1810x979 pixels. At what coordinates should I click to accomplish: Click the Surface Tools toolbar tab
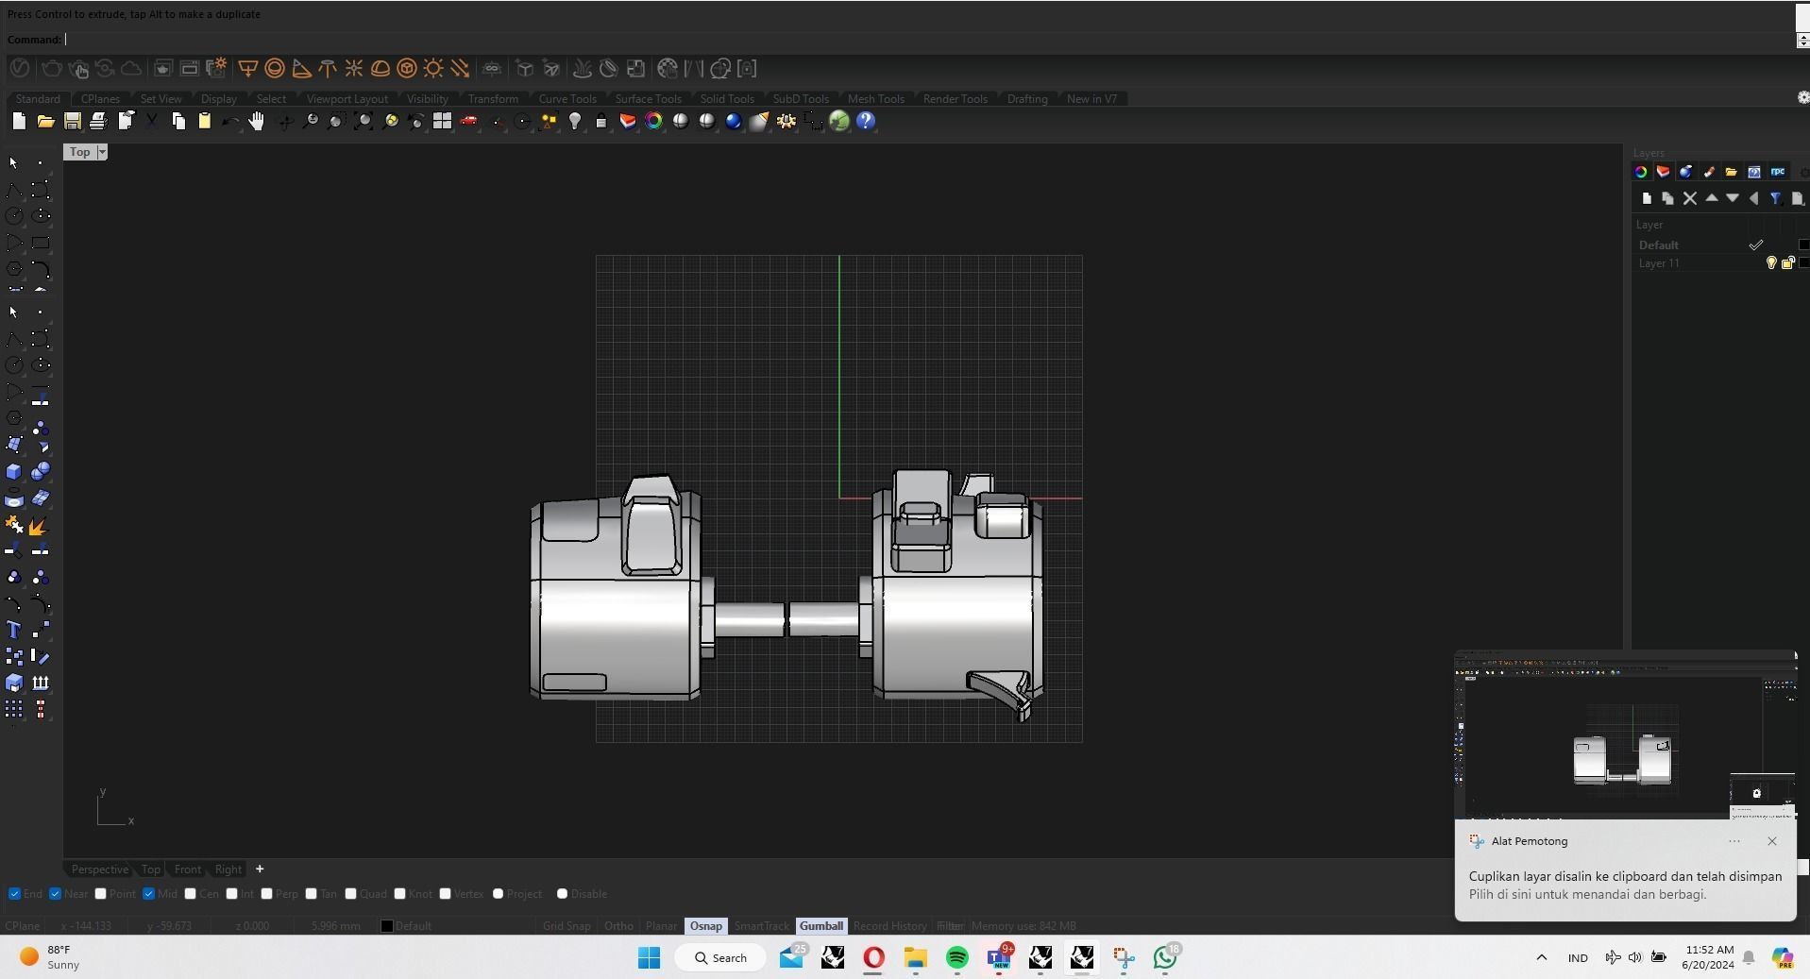pos(648,99)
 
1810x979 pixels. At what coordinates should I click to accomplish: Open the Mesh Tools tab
pos(875,99)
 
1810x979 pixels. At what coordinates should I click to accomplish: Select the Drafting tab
pos(1026,99)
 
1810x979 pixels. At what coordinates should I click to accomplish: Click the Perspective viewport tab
pos(99,869)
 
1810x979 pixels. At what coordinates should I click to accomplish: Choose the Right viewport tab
pos(228,869)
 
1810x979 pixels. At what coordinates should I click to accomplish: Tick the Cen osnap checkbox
pos(191,894)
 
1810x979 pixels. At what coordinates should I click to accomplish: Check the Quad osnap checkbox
pos(351,894)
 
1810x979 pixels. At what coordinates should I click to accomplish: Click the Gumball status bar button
pos(820,926)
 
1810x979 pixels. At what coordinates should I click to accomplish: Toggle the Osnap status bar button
pos(705,926)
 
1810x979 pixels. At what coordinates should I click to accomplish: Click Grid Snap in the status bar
pos(567,926)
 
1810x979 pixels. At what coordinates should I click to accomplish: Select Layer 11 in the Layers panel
pos(1659,263)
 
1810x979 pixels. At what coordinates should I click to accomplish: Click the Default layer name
pos(1658,245)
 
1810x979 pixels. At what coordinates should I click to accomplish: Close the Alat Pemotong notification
pos(1771,841)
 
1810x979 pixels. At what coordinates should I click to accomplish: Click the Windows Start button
pos(649,958)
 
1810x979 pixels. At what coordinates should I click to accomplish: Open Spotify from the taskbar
pos(956,958)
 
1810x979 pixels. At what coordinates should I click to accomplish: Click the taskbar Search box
pos(721,958)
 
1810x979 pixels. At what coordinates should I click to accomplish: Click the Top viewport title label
pos(79,152)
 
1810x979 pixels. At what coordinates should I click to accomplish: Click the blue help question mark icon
pos(866,121)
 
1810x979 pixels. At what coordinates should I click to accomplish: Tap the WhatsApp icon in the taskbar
pos(1165,958)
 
